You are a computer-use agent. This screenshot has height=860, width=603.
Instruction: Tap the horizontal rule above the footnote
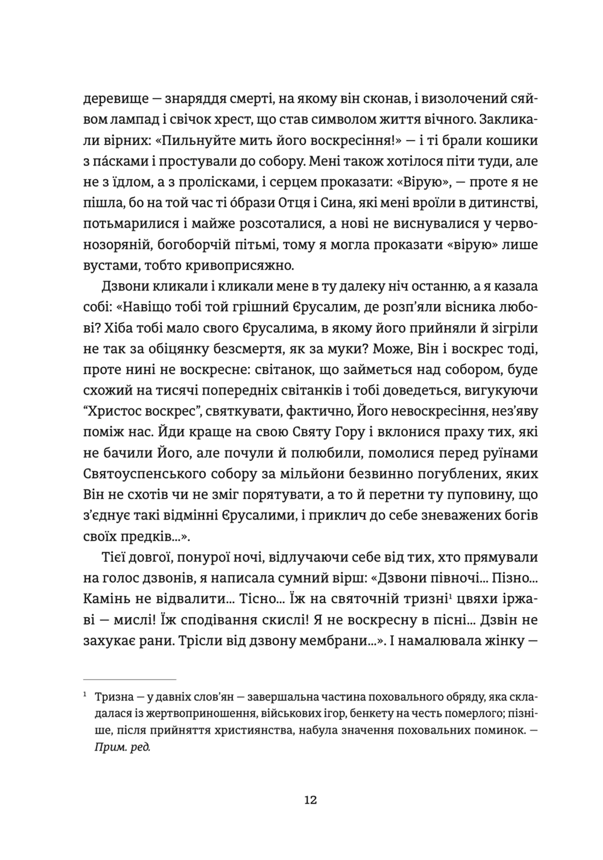[130, 679]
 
